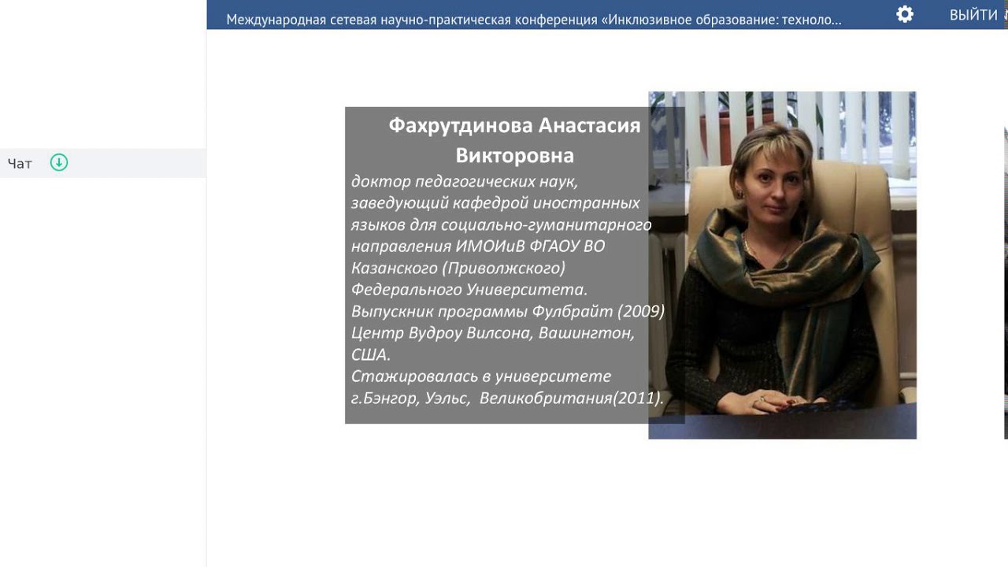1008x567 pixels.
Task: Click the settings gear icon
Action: click(905, 14)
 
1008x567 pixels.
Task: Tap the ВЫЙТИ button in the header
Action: click(973, 15)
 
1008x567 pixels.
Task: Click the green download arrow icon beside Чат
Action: click(59, 162)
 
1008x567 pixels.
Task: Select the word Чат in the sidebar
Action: click(20, 163)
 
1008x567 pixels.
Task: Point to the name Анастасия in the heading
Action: click(590, 125)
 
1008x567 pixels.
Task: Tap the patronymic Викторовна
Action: click(515, 156)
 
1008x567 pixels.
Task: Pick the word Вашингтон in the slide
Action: click(587, 333)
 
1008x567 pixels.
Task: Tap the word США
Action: click(371, 354)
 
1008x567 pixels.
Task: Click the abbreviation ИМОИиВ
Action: click(490, 246)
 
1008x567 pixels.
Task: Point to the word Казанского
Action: click(395, 269)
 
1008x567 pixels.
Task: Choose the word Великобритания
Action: click(546, 398)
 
